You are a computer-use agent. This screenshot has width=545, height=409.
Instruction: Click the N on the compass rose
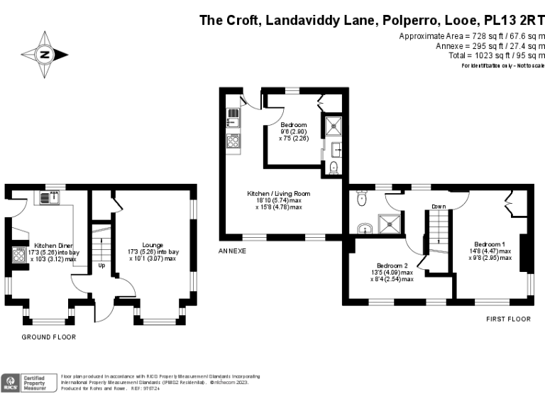[x=45, y=54]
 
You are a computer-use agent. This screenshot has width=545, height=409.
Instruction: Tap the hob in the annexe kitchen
[x=233, y=141]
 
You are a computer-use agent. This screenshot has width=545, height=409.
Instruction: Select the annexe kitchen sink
[x=233, y=116]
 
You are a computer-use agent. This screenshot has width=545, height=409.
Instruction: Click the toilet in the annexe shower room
[x=333, y=168]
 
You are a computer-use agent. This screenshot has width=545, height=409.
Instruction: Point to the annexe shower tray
[x=331, y=126]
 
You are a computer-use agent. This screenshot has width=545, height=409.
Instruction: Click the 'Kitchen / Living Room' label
[x=278, y=193]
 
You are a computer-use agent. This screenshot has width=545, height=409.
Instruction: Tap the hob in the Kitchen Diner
[x=18, y=255]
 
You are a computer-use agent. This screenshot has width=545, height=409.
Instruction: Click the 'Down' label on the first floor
[x=438, y=207]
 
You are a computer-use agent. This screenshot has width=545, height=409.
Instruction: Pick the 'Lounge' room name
[x=153, y=244]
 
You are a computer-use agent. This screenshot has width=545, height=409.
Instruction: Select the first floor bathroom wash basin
[x=364, y=228]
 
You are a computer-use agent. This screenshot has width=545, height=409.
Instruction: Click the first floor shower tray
[x=390, y=223]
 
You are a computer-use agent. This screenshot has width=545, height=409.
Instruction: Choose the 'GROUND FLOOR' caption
[x=48, y=337]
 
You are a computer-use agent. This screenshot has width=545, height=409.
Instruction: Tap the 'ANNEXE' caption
[x=232, y=251]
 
